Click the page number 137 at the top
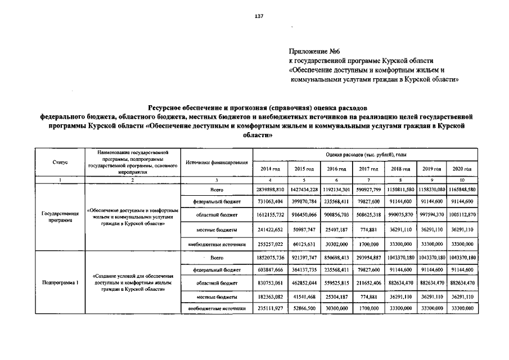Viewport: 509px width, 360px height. click(x=259, y=16)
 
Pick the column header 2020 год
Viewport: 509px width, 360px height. click(x=461, y=169)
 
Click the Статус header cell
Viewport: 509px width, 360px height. click(x=60, y=161)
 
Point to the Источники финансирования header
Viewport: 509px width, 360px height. click(x=216, y=162)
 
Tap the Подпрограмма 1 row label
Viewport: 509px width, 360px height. click(x=60, y=282)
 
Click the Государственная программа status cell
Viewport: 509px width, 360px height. click(x=60, y=217)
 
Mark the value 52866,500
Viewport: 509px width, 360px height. click(x=304, y=308)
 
